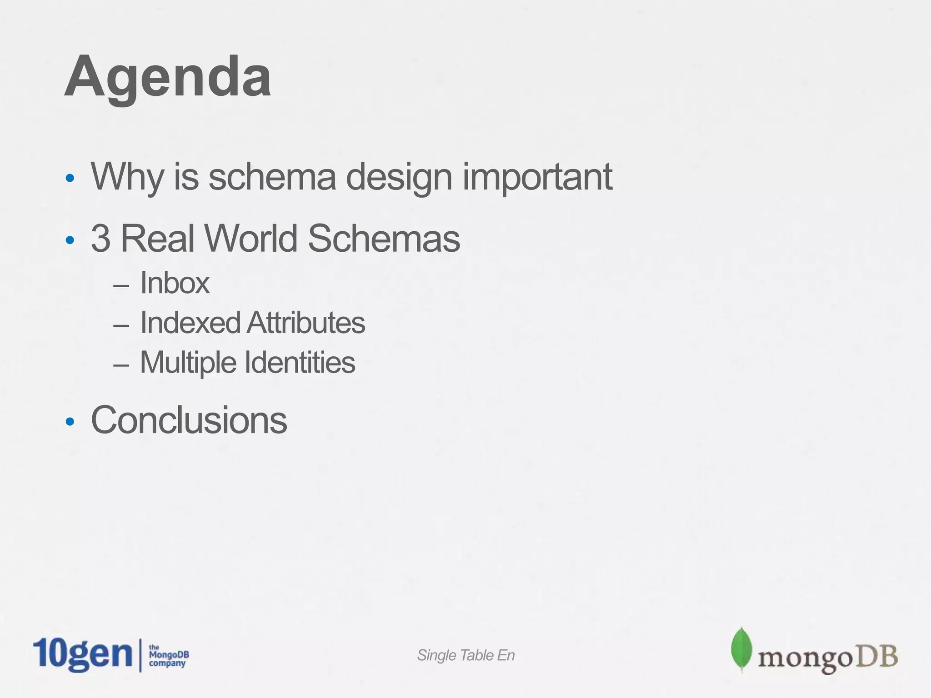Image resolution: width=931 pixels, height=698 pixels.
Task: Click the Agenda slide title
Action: (168, 77)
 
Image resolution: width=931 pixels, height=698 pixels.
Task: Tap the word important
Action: (537, 177)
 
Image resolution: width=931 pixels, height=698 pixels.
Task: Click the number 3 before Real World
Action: (100, 239)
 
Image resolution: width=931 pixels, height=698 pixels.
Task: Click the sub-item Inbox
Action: (175, 283)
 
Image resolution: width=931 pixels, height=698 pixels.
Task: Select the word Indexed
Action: (190, 323)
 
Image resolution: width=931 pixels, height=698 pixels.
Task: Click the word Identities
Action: (300, 362)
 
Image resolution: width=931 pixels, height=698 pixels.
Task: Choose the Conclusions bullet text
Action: (189, 420)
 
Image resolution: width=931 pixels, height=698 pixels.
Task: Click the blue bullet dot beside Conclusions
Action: (70, 422)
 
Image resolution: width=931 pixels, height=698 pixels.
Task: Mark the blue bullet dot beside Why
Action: (70, 178)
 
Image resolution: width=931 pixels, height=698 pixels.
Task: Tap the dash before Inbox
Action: (121, 286)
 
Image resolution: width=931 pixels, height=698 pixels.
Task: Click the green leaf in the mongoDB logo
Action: (741, 649)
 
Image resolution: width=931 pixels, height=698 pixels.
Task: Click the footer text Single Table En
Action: (465, 655)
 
